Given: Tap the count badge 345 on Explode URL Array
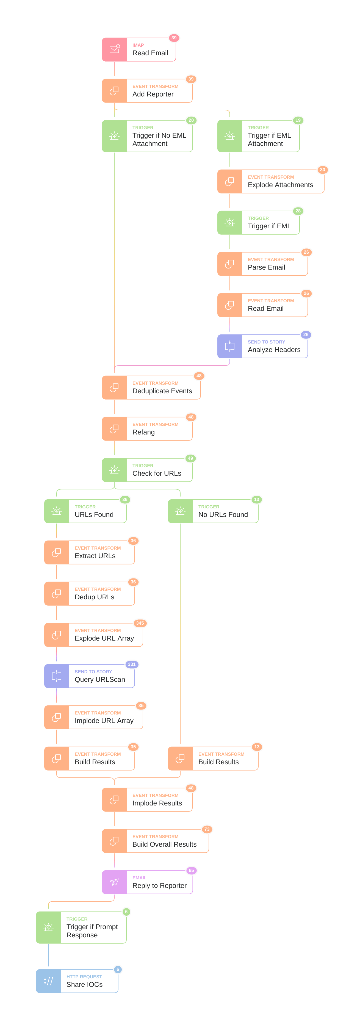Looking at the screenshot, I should coord(140,623).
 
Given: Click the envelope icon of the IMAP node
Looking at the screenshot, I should coord(115,49).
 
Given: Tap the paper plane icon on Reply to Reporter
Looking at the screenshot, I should coord(114,882).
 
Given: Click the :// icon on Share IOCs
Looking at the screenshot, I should coord(48,981).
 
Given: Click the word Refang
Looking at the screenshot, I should coord(144,432).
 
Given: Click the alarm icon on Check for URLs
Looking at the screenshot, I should coord(114,470).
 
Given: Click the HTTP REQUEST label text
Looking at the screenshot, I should coord(84,976).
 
